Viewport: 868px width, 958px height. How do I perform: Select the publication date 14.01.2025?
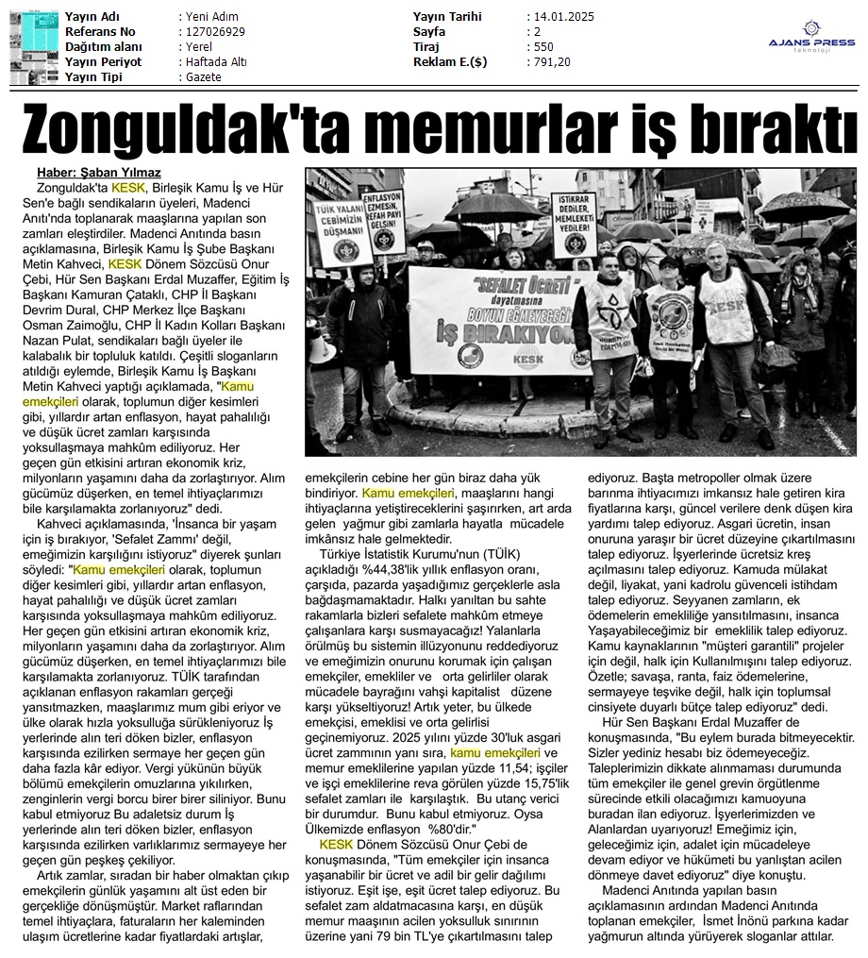pyautogui.click(x=563, y=17)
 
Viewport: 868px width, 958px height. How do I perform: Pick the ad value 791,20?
pyautogui.click(x=551, y=62)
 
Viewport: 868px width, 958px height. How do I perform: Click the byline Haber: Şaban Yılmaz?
pyautogui.click(x=98, y=173)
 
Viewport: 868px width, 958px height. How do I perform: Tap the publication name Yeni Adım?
pyautogui.click(x=211, y=17)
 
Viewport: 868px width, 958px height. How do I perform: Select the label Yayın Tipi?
pyautogui.click(x=95, y=77)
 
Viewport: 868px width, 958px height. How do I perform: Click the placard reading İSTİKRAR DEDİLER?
pyautogui.click(x=574, y=224)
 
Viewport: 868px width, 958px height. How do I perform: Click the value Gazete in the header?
pyautogui.click(x=204, y=77)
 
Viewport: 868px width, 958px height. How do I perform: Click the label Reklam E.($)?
pyautogui.click(x=452, y=62)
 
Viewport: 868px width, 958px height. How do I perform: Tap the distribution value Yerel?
pyautogui.click(x=200, y=47)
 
